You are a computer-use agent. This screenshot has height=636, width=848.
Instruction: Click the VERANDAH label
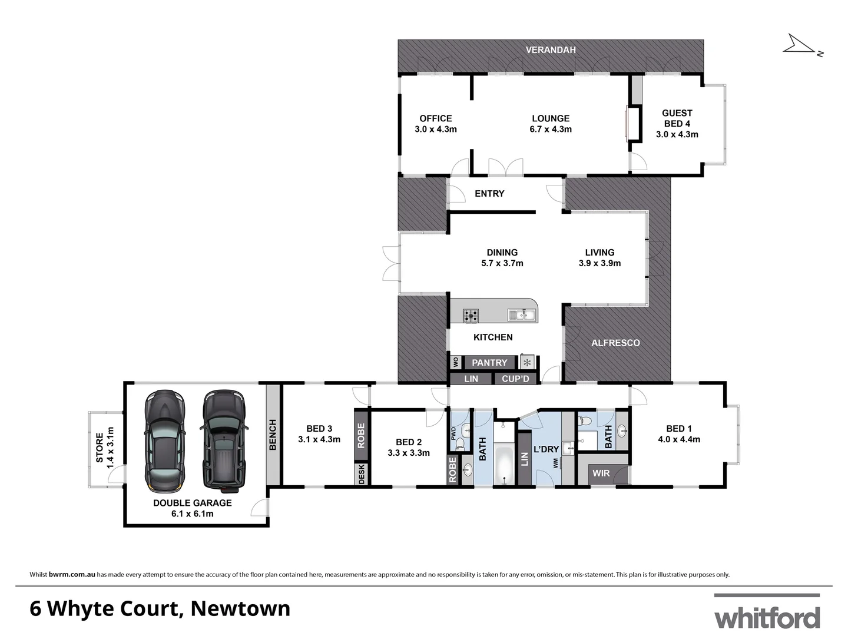551,50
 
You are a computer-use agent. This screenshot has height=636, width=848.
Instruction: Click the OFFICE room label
436,118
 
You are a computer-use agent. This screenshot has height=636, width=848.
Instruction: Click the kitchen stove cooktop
471,316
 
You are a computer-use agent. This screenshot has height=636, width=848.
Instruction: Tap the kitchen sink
522,315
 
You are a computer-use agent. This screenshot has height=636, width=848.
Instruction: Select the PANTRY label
489,363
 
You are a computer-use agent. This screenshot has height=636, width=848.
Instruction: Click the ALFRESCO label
615,343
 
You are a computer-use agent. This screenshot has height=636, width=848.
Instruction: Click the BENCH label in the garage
273,435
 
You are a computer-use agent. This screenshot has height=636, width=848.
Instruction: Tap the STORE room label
100,448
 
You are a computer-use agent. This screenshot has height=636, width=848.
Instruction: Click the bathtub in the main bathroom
505,465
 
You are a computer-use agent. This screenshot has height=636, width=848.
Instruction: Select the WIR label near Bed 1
601,473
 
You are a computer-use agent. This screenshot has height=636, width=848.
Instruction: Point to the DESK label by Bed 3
362,475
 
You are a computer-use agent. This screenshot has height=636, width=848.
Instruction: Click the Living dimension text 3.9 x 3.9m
599,263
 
